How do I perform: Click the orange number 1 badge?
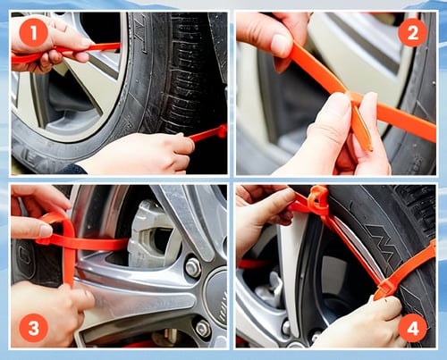coord(34,32)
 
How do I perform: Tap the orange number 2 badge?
coord(413,32)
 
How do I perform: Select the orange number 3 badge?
coord(34,328)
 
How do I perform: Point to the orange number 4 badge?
coord(413,328)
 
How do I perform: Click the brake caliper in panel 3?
coord(149,235)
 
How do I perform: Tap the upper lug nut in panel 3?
coord(193,267)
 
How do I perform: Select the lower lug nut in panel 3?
coord(203,328)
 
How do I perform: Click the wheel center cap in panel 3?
coord(217,297)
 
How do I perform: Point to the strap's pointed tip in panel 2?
coord(370,148)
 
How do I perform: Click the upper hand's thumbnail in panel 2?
coord(279,46)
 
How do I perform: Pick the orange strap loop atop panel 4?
coord(319,199)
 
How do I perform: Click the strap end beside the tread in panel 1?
coord(208,133)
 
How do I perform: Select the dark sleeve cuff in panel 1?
coord(72,169)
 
